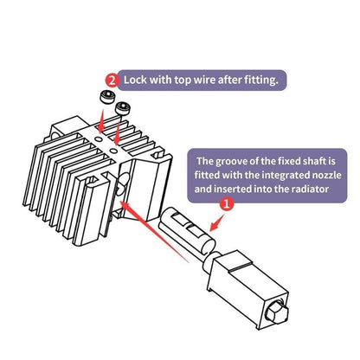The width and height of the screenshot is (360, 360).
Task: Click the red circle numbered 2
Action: click(112, 80)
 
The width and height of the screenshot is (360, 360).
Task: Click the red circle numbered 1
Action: click(227, 204)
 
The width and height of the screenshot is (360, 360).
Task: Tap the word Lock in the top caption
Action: click(135, 80)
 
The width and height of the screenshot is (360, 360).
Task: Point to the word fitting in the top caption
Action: click(261, 80)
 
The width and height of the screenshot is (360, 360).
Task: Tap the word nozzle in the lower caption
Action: click(327, 175)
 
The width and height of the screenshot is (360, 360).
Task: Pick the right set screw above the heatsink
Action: click(123, 108)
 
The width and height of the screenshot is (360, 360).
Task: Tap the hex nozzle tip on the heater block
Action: click(278, 313)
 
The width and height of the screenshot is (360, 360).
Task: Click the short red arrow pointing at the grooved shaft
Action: click(217, 222)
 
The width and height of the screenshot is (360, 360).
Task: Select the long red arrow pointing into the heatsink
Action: click(153, 232)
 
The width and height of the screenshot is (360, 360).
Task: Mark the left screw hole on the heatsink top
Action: click(99, 139)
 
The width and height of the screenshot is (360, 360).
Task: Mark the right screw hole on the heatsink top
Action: click(114, 151)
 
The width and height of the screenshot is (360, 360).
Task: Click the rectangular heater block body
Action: click(248, 288)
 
